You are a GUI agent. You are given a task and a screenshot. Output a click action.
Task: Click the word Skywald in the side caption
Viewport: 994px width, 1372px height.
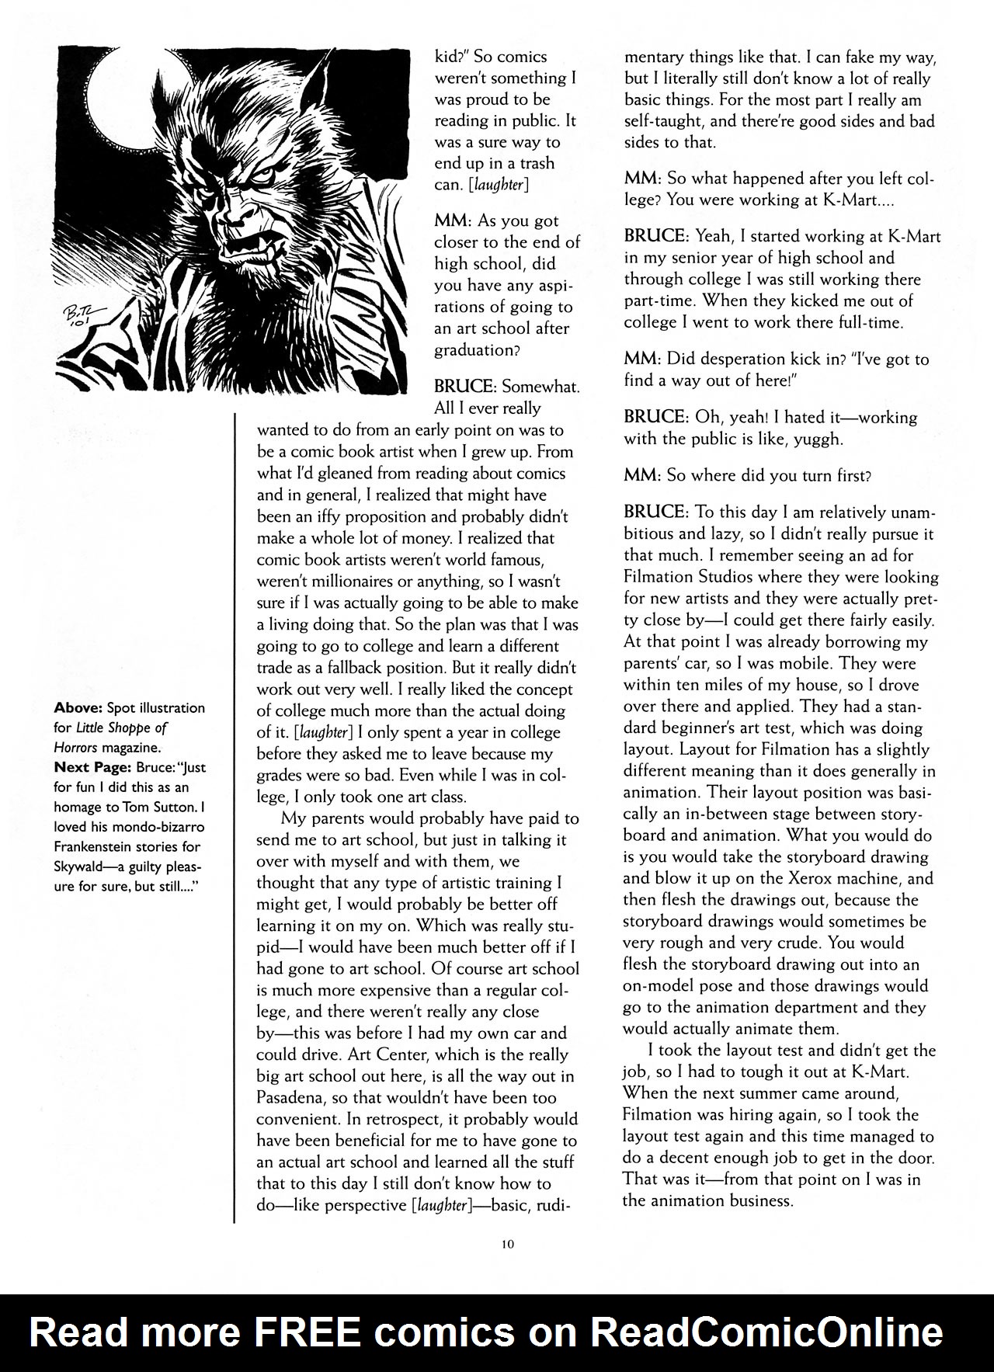[84, 867]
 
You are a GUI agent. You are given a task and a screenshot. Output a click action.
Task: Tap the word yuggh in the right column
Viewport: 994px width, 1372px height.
[815, 439]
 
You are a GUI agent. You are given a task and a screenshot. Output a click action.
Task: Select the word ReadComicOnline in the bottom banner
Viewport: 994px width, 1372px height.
[766, 1333]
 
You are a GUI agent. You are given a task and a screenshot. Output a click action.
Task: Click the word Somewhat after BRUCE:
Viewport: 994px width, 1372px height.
[540, 387]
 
